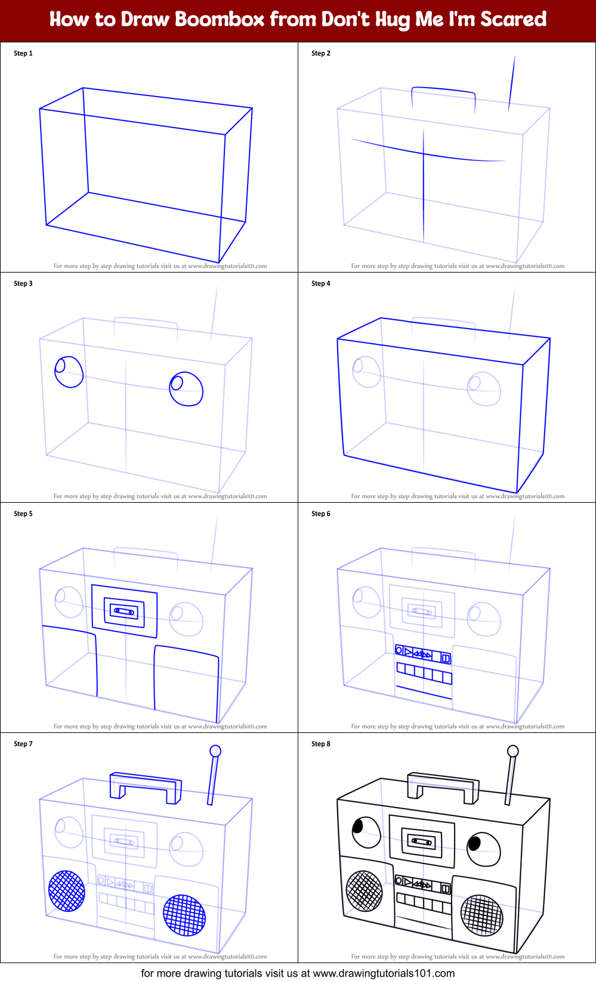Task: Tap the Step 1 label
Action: (23, 53)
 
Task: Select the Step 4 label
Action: (320, 283)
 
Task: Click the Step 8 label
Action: (320, 744)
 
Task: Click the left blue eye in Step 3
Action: (69, 372)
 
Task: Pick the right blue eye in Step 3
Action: (186, 389)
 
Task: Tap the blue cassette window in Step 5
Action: (125, 611)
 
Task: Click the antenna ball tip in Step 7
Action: (215, 751)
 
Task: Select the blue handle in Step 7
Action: (146, 785)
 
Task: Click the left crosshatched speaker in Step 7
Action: (67, 891)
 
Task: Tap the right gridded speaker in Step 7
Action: (184, 915)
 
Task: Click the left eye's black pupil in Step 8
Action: (358, 827)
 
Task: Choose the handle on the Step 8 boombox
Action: (443, 784)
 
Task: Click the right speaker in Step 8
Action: (482, 915)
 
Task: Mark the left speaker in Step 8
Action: (364, 891)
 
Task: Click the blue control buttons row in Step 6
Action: (423, 655)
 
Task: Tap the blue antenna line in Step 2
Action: (512, 83)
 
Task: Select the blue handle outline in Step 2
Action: (443, 91)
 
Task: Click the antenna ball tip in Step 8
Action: (512, 751)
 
